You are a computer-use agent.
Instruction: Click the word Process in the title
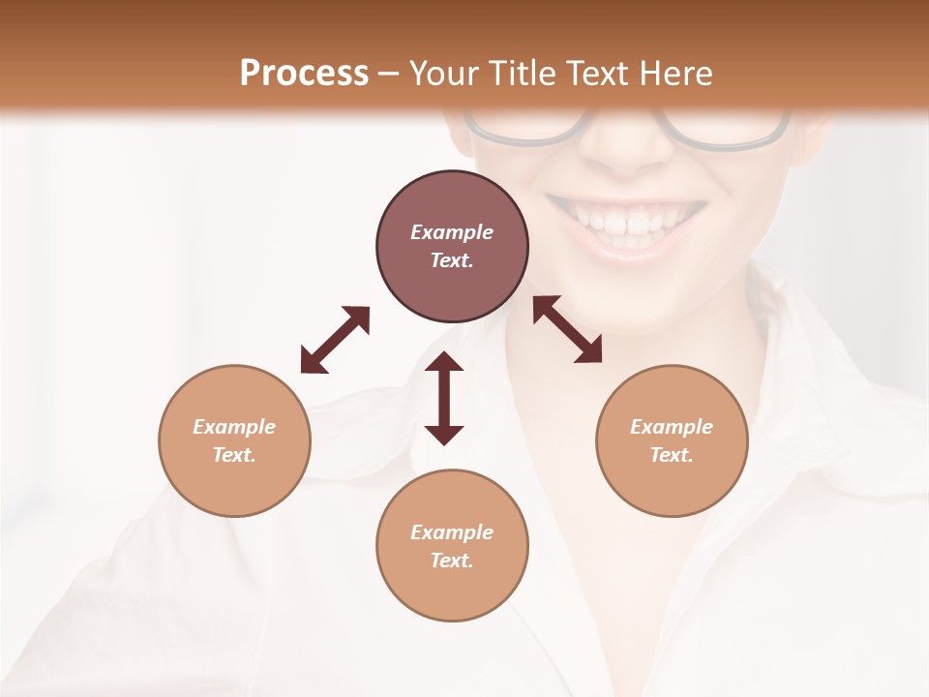coord(304,74)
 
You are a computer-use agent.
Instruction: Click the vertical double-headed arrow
coord(444,399)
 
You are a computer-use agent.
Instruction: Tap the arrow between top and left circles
coord(335,340)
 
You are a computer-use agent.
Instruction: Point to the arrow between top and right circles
coord(568,329)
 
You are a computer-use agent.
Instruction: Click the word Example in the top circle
coord(452,232)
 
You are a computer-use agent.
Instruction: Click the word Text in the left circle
coord(234,455)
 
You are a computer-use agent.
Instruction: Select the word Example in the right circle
coord(672,427)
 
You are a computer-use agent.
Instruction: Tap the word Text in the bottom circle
coord(452,561)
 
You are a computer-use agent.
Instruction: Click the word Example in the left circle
coord(234,427)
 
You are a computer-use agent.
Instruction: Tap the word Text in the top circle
coord(452,260)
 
